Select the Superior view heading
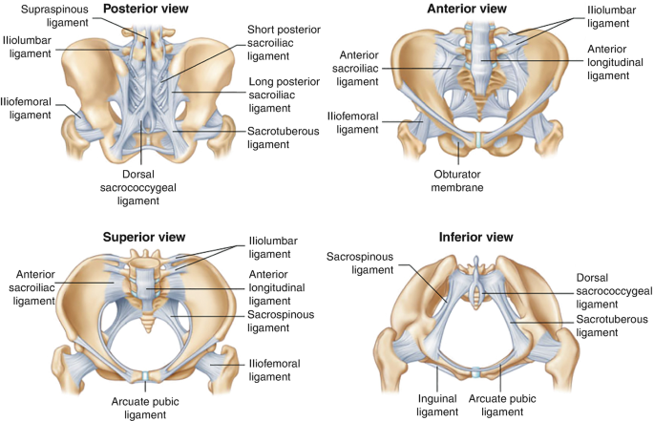[143, 237]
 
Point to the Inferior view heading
[475, 237]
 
